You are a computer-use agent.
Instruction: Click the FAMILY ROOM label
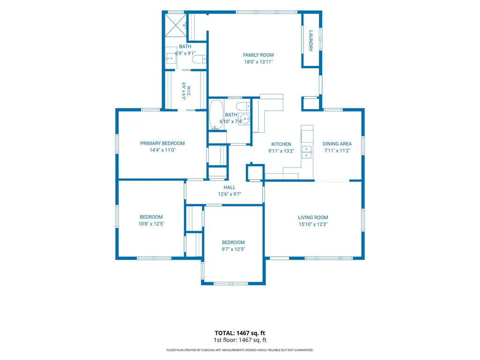pyautogui.click(x=258, y=55)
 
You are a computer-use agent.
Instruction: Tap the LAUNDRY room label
pyautogui.click(x=311, y=41)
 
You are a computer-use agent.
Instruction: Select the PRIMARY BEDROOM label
pyautogui.click(x=162, y=143)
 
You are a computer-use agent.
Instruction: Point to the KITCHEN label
pyautogui.click(x=281, y=144)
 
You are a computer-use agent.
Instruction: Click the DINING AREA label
pyautogui.click(x=337, y=144)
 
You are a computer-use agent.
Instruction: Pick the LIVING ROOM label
pyautogui.click(x=313, y=218)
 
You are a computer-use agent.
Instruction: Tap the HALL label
pyautogui.click(x=229, y=187)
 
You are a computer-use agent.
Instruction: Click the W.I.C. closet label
pyautogui.click(x=189, y=91)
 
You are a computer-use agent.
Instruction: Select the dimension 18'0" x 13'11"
pyautogui.click(x=258, y=62)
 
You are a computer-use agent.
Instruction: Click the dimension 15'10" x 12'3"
pyautogui.click(x=313, y=224)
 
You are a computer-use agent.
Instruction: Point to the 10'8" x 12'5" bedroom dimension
pyautogui.click(x=151, y=224)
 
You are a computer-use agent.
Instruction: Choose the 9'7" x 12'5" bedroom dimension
pyautogui.click(x=233, y=249)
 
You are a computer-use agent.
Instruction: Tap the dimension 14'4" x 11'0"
pyautogui.click(x=162, y=150)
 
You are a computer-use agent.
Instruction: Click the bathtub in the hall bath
pyautogui.click(x=216, y=115)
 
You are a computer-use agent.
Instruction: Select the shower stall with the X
pyautogui.click(x=176, y=25)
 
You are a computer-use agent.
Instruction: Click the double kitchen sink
pyautogui.click(x=307, y=152)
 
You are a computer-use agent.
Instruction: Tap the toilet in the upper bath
pyautogui.click(x=199, y=59)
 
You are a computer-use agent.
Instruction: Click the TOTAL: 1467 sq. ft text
pyautogui.click(x=240, y=333)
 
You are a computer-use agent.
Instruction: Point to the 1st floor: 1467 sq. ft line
pyautogui.click(x=240, y=340)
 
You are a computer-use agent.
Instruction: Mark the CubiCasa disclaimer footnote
pyautogui.click(x=240, y=350)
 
